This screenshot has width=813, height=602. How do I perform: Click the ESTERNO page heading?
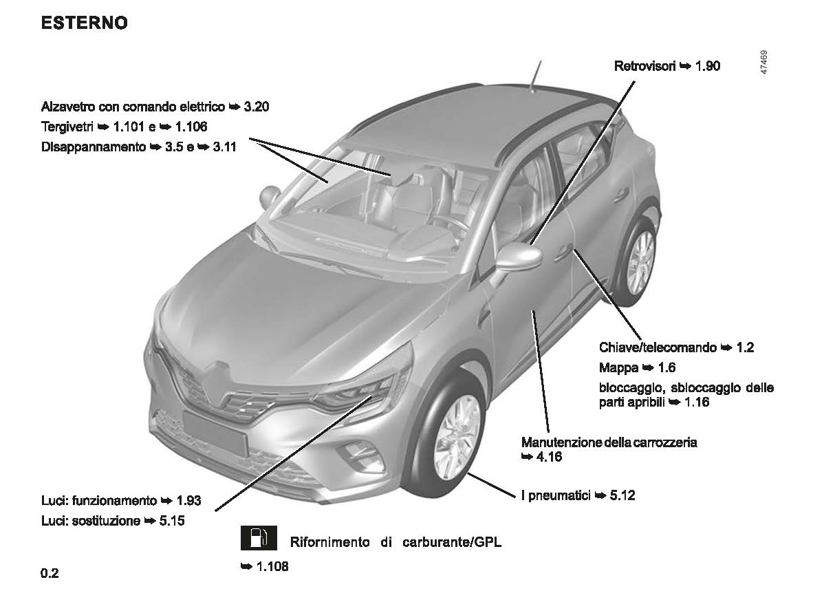(84, 23)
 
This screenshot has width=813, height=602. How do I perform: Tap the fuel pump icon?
(258, 538)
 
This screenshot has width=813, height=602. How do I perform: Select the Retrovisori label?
(644, 66)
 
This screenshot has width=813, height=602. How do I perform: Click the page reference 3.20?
(256, 107)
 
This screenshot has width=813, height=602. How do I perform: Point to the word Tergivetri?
(67, 127)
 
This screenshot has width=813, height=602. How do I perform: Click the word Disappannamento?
(94, 147)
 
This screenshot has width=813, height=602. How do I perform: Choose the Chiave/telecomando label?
(658, 347)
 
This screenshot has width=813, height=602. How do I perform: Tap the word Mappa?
(618, 368)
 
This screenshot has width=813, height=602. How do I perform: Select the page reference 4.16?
(549, 457)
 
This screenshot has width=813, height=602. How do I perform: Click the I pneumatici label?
(556, 495)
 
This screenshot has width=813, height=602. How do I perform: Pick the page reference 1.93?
(188, 501)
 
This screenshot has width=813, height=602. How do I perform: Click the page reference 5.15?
(172, 521)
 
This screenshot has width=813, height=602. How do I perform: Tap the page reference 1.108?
(272, 567)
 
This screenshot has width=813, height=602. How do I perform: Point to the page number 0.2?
(50, 574)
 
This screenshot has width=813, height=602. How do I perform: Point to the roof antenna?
(535, 76)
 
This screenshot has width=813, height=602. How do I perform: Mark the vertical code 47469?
(763, 62)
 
